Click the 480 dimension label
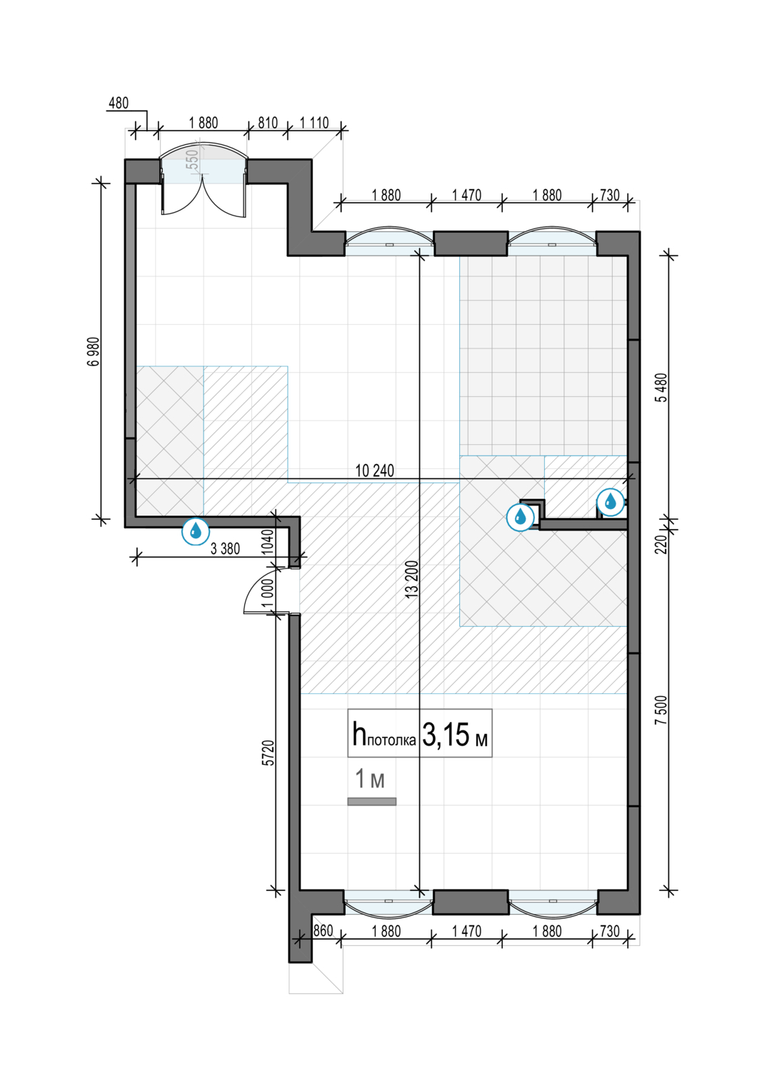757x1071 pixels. pyautogui.click(x=119, y=103)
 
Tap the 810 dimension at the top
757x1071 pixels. pyautogui.click(x=268, y=123)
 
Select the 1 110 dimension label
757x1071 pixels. pyautogui.click(x=314, y=123)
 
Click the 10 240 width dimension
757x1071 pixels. pyautogui.click(x=375, y=471)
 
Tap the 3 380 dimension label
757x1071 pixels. pyautogui.click(x=225, y=548)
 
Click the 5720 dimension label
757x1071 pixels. pyautogui.click(x=270, y=753)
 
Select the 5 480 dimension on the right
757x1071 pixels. pyautogui.click(x=663, y=387)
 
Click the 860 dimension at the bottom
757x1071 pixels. pyautogui.click(x=323, y=930)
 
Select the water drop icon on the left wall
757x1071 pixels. pyautogui.click(x=195, y=531)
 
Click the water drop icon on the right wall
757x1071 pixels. pyautogui.click(x=610, y=502)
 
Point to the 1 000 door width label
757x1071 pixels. pyautogui.click(x=268, y=593)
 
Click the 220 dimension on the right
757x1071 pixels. pyautogui.click(x=663, y=544)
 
